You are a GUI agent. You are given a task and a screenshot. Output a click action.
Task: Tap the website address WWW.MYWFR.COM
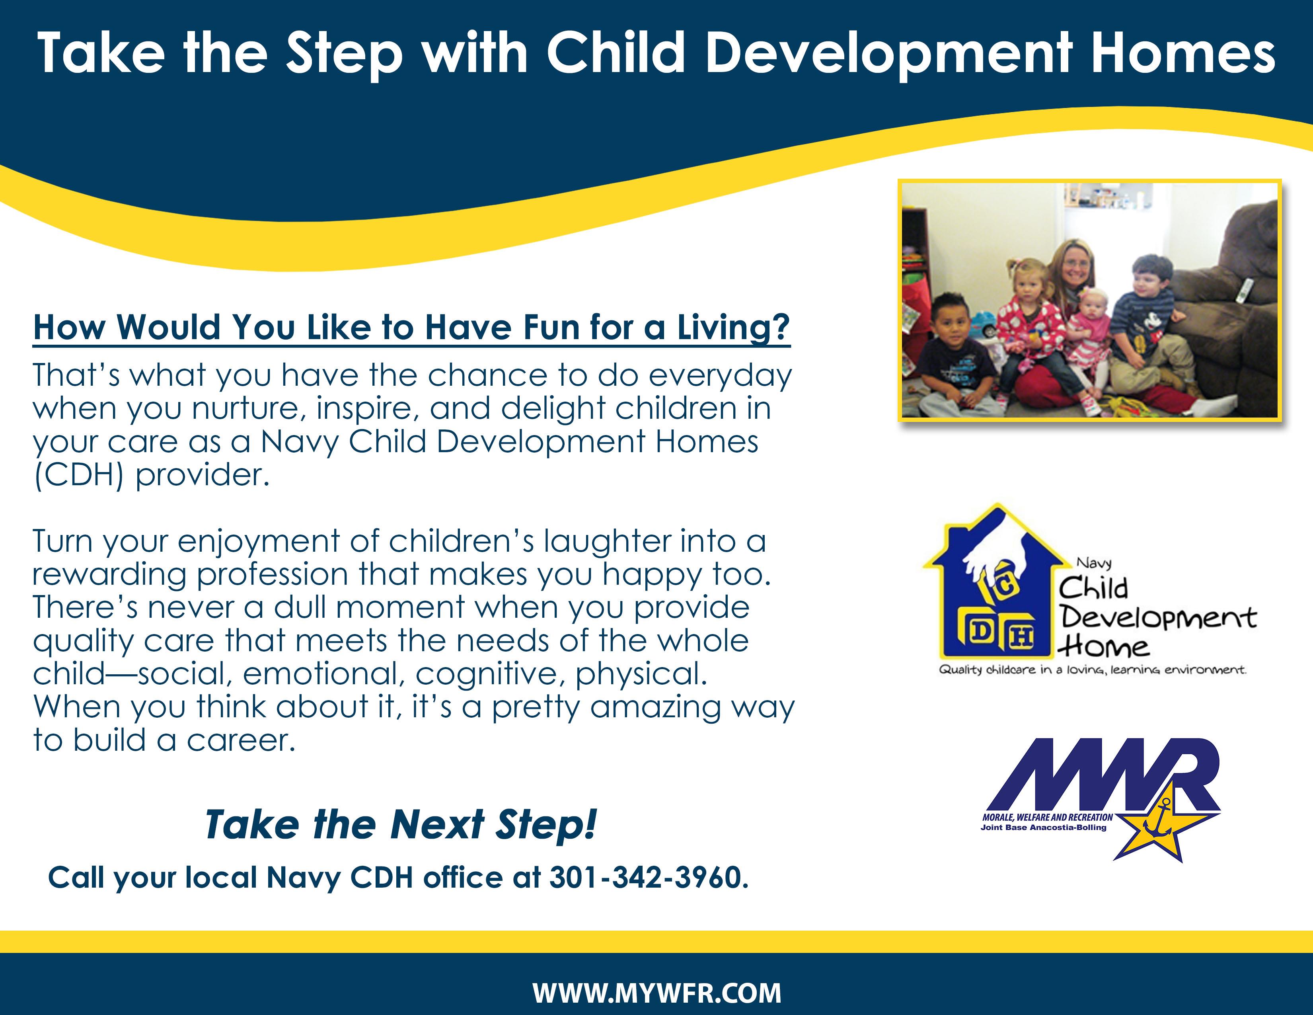[x=656, y=993]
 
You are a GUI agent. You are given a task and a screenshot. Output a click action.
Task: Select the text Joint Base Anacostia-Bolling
[x=1043, y=828]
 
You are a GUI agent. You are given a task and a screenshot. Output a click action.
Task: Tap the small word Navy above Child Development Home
[x=1094, y=563]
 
